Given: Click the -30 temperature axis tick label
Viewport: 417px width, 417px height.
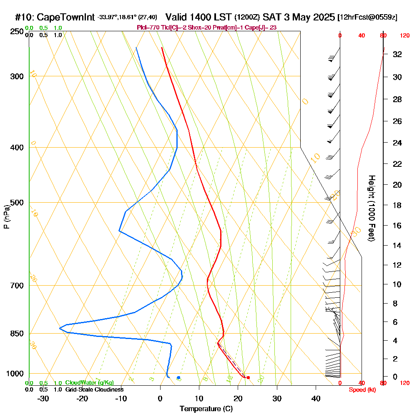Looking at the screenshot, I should click(x=43, y=398).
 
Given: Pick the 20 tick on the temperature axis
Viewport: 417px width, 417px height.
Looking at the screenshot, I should click(x=238, y=398).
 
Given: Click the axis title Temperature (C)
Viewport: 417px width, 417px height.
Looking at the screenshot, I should click(x=206, y=409).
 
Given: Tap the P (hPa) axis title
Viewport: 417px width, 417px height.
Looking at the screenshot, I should click(x=6, y=217).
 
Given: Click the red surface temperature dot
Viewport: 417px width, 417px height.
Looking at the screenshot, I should click(x=248, y=378).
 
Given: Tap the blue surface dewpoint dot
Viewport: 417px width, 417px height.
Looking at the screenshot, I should click(x=178, y=378).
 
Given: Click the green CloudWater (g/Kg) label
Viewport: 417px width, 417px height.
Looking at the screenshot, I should click(x=89, y=383).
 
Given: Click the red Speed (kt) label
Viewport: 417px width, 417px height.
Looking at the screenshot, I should click(x=361, y=390).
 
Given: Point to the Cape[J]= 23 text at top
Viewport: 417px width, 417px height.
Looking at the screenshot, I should click(x=263, y=28).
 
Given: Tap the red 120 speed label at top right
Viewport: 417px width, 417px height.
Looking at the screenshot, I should click(x=404, y=36).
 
